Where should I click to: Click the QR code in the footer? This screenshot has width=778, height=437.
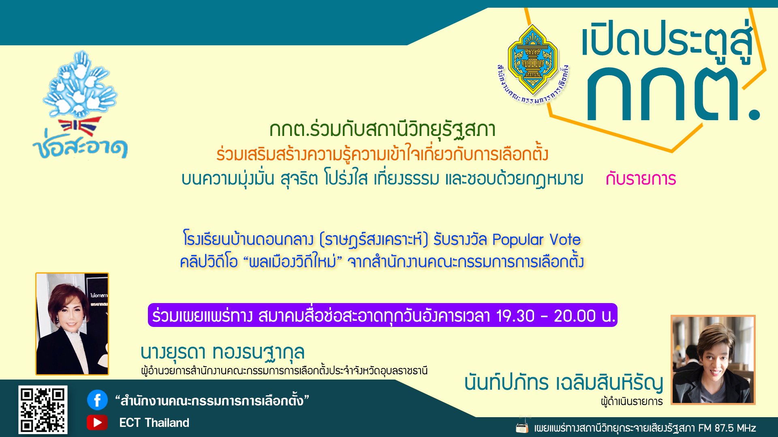(43, 409)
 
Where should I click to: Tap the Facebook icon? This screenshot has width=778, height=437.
(97, 400)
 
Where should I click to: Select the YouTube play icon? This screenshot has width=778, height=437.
(97, 422)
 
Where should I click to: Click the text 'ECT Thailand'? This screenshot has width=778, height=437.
(154, 423)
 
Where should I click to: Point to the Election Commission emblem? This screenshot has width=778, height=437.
(533, 65)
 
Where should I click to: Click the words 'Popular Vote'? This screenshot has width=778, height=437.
(536, 240)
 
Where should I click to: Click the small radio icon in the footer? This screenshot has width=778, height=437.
(522, 426)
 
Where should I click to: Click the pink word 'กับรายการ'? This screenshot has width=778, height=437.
(641, 179)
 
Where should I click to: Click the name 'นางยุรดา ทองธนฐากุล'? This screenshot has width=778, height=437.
(222, 352)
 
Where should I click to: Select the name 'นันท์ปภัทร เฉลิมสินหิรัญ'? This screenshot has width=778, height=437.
(564, 383)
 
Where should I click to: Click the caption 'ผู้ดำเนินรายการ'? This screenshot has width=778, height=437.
(632, 401)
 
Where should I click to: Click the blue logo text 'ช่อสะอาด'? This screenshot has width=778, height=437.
(80, 147)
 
